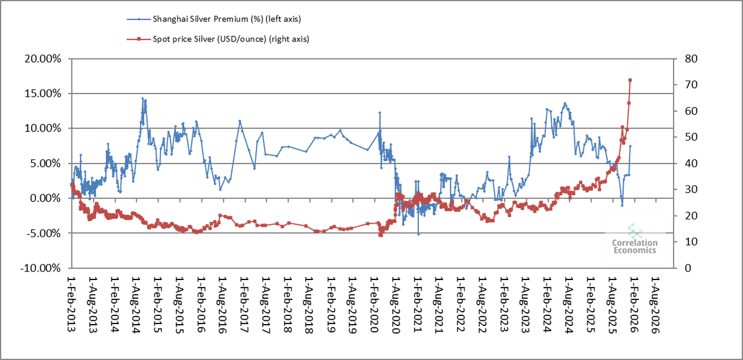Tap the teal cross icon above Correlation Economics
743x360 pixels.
(x=635, y=231)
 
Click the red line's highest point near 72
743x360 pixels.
(x=630, y=80)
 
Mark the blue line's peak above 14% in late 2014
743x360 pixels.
(x=143, y=99)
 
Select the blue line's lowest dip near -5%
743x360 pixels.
(x=418, y=234)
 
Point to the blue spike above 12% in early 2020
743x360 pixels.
(x=379, y=113)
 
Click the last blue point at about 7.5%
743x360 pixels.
(x=630, y=146)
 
